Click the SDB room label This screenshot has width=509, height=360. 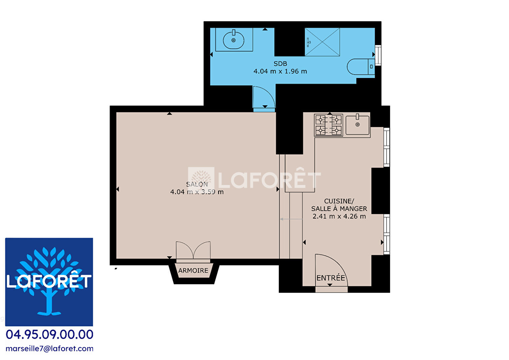(x=280, y=63)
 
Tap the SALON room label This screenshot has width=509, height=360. (x=197, y=184)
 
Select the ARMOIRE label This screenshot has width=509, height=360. (x=193, y=270)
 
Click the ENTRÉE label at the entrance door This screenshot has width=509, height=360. (x=331, y=278)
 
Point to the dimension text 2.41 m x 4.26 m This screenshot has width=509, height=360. (x=339, y=216)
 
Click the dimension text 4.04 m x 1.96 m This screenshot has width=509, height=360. (x=280, y=71)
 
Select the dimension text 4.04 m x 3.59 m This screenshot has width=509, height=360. (x=197, y=192)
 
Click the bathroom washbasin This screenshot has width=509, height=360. (x=234, y=40)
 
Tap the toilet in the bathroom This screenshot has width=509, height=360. (x=361, y=67)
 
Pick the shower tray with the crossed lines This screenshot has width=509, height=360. (x=322, y=42)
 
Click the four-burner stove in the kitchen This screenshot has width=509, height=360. (x=328, y=125)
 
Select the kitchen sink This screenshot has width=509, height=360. (x=357, y=125)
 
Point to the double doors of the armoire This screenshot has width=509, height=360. (x=193, y=250)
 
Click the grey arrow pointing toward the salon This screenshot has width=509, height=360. (x=291, y=219)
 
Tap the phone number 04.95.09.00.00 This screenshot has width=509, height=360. (x=49, y=335)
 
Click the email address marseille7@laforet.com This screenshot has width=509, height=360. (x=49, y=349)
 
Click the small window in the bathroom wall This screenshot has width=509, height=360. (x=378, y=55)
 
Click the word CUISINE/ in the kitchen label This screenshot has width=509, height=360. (x=339, y=201)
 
